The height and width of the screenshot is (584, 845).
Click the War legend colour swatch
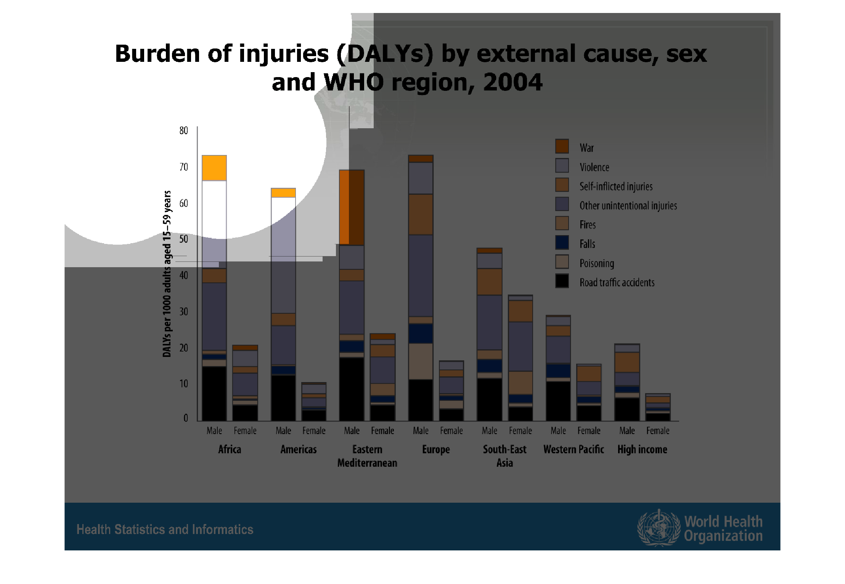(562, 147)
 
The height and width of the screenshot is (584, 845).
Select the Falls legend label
(587, 244)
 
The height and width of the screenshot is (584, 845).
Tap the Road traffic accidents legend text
(617, 282)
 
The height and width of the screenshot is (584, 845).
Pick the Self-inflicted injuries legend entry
(616, 186)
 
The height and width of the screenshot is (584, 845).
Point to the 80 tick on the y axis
(184, 131)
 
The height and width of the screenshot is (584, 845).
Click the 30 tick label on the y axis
(184, 311)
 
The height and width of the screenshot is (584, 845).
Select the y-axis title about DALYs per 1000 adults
(167, 274)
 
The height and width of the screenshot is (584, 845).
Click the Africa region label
(230, 449)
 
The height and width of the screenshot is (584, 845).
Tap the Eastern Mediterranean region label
(367, 456)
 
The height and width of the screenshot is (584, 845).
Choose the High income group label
(642, 449)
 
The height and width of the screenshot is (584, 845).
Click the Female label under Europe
(451, 431)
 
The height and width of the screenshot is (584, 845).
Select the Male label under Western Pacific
(558, 431)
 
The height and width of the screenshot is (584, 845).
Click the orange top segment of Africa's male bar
(214, 168)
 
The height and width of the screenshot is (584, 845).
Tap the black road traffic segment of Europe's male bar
(421, 400)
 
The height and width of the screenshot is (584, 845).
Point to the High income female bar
(658, 407)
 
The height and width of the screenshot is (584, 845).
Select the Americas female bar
(314, 402)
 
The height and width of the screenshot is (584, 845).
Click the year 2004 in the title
(512, 82)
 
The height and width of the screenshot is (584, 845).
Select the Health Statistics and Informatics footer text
(165, 529)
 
